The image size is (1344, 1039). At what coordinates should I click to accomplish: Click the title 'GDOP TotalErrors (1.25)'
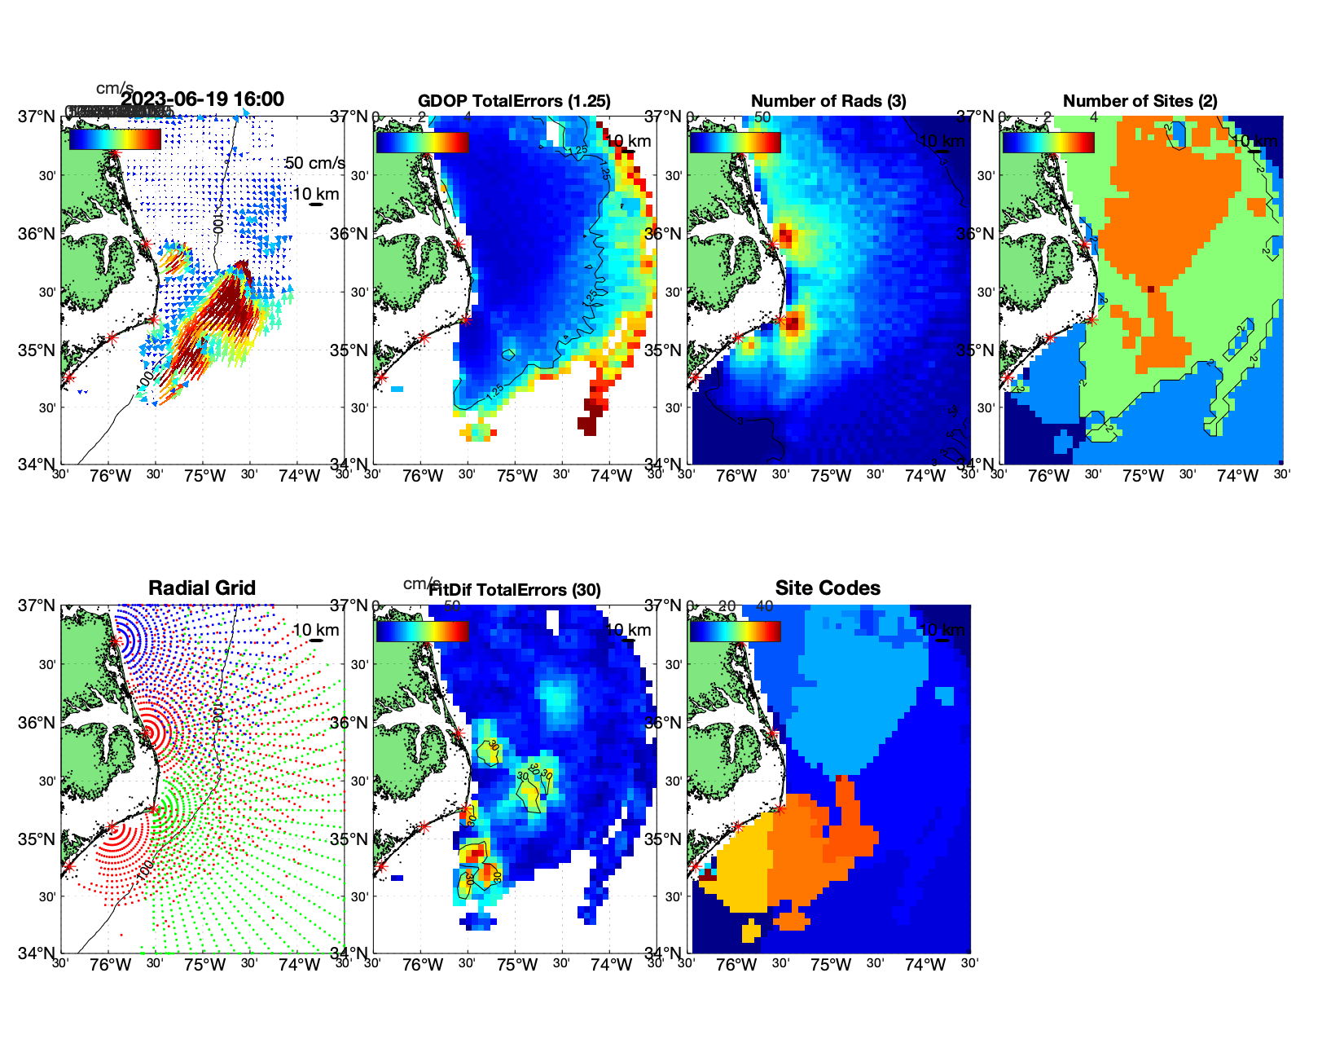pyautogui.click(x=514, y=101)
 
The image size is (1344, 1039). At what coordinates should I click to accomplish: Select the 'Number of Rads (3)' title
pyautogui.click(x=828, y=101)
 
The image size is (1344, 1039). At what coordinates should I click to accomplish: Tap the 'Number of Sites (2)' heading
pyautogui.click(x=1140, y=101)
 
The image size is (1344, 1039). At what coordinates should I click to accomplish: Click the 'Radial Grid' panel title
pyautogui.click(x=202, y=588)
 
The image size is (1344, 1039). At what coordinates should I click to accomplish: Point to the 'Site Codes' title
pyautogui.click(x=828, y=588)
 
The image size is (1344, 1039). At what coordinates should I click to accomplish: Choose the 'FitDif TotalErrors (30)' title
pyautogui.click(x=515, y=590)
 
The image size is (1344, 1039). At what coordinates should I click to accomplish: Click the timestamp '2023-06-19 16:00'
pyautogui.click(x=202, y=99)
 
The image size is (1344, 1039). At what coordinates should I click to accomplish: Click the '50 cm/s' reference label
pyautogui.click(x=314, y=163)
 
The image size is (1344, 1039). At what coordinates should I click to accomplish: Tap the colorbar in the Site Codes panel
pyautogui.click(x=735, y=632)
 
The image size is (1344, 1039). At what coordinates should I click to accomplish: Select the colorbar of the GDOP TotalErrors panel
pyautogui.click(x=422, y=143)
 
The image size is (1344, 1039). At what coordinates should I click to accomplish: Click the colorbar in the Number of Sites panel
pyautogui.click(x=1048, y=143)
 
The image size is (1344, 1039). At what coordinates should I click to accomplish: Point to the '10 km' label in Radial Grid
pyautogui.click(x=316, y=630)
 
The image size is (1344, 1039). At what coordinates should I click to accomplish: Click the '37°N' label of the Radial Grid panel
pyautogui.click(x=37, y=605)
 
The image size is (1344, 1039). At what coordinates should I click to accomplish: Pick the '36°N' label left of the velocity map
pyautogui.click(x=37, y=234)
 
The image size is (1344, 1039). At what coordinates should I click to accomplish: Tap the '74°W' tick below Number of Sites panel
pyautogui.click(x=1237, y=476)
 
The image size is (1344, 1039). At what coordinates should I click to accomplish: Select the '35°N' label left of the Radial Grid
pyautogui.click(x=37, y=839)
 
